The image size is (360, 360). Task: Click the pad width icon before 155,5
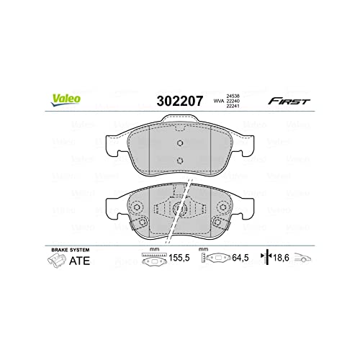pyautogui.click(x=152, y=258)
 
